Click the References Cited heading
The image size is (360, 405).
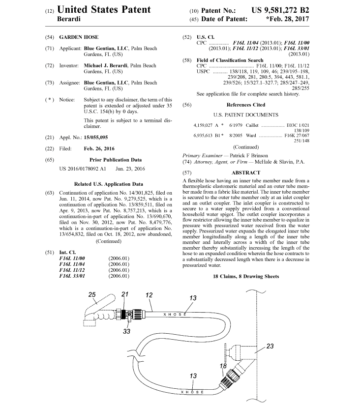[x=245, y=105]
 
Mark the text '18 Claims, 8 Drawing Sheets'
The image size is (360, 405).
[x=246, y=277]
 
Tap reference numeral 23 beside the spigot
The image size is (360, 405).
[x=270, y=346]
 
